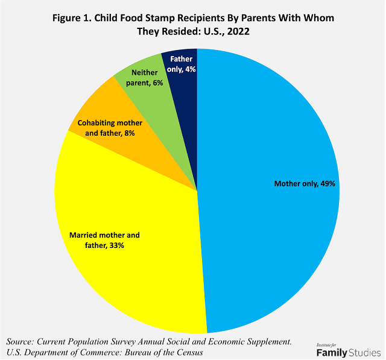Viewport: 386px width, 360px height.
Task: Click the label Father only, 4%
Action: click(x=182, y=64)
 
